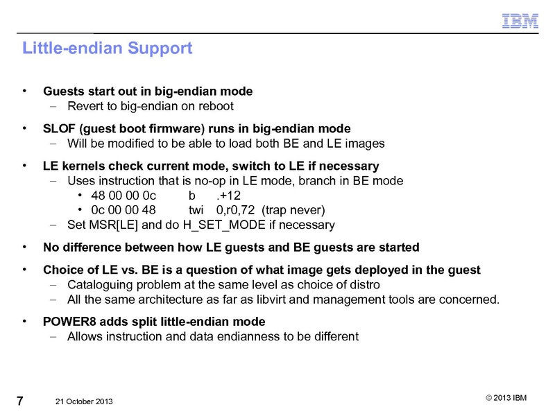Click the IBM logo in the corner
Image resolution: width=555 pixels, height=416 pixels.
tap(520, 21)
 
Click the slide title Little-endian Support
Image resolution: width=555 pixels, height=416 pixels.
tap(107, 49)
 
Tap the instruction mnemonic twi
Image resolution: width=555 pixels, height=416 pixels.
tap(198, 210)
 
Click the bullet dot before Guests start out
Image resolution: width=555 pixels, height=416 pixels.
tap(26, 91)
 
